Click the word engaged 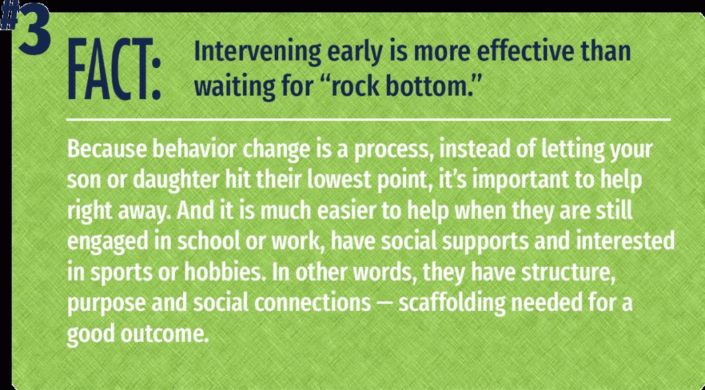[101, 241]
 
